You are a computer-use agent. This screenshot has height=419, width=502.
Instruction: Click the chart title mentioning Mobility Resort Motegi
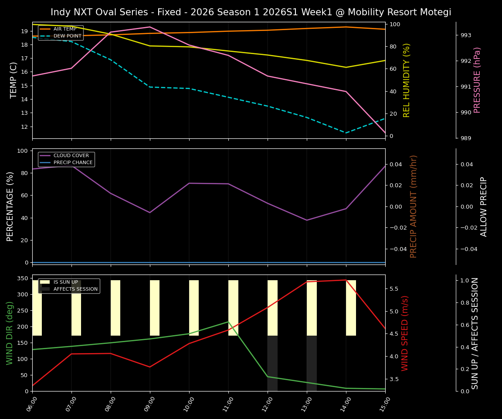point(251,12)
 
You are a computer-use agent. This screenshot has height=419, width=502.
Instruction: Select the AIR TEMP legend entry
point(64,29)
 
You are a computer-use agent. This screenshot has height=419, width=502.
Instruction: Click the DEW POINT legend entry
point(67,36)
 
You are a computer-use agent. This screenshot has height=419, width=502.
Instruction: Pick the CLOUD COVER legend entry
point(71,155)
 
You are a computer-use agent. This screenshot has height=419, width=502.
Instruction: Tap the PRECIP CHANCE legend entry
point(73,162)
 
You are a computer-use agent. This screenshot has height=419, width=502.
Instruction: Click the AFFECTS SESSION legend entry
point(75,289)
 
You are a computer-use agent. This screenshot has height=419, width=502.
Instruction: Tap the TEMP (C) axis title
point(14,80)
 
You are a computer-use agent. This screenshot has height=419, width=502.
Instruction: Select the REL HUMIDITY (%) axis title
point(407,80)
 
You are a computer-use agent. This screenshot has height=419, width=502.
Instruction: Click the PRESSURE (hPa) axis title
point(478,80)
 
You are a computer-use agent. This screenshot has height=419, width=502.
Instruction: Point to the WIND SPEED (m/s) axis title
point(405,333)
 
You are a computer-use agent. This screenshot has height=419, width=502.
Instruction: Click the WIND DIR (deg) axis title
point(10,333)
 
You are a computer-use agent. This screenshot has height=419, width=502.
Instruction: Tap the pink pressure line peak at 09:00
point(150,27)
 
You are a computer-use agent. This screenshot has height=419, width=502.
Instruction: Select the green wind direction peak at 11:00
point(228,322)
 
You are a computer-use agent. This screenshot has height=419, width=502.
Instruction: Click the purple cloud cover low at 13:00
point(307,220)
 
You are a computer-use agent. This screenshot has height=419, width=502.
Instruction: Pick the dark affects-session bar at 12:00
point(272,363)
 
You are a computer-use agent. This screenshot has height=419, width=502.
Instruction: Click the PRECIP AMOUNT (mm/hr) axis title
point(414,206)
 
